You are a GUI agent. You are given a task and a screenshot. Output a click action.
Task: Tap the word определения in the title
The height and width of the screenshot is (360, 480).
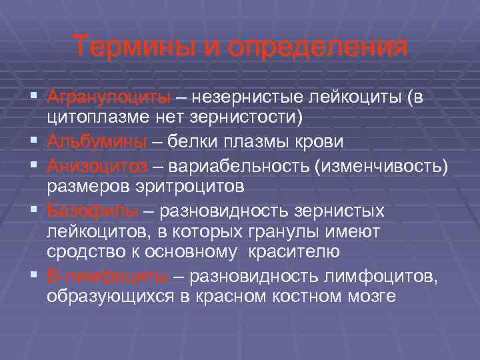[x=318, y=48]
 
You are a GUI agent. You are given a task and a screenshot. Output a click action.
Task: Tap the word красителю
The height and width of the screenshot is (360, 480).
[x=293, y=252]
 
